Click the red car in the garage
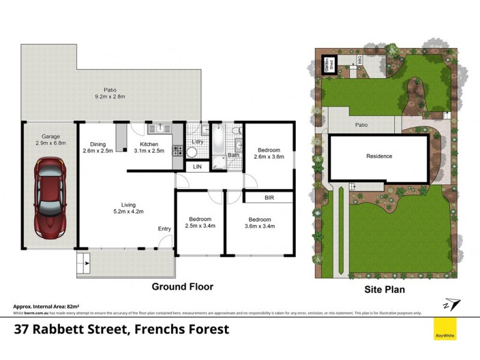(49, 197)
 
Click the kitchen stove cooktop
(178, 150)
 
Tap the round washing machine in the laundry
(191, 152)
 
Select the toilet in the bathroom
(238, 130)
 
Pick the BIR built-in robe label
(269, 197)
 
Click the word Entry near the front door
(164, 229)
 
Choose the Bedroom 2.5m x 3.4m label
(200, 223)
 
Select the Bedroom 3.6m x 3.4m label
(259, 223)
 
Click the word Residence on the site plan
(379, 157)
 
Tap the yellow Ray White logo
(445, 329)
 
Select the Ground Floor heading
(182, 287)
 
